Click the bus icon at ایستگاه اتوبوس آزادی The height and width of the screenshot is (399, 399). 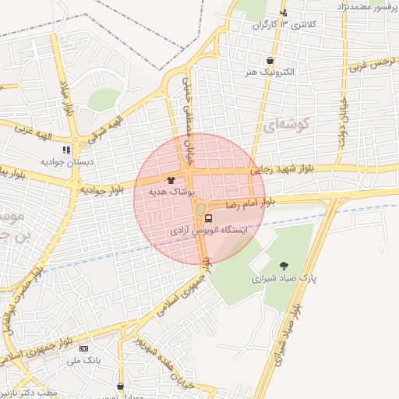point(209,219)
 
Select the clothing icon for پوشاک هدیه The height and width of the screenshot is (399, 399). point(171,180)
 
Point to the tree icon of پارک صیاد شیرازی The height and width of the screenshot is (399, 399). point(283,266)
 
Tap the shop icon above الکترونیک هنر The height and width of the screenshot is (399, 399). point(270,60)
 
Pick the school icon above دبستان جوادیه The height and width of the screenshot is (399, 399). point(67,149)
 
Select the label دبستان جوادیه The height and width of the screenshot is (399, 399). point(68,161)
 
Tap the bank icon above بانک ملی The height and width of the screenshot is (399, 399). point(83,348)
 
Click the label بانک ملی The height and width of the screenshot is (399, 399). point(83,360)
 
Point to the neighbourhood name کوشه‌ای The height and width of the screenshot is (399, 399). point(288,123)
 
